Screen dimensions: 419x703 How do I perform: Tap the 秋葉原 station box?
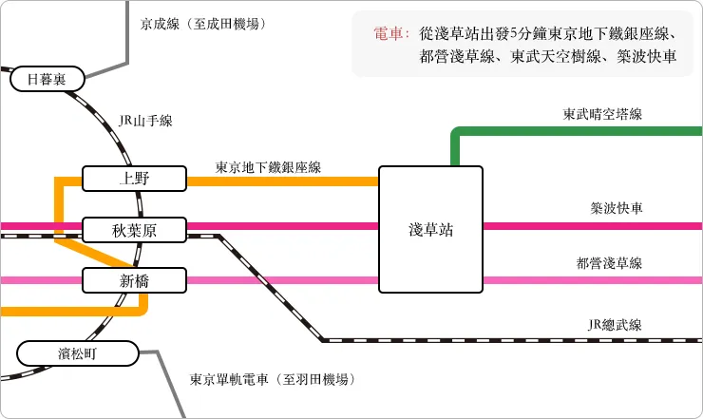pos(132,229)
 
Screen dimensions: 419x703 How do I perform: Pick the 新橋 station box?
pos(132,280)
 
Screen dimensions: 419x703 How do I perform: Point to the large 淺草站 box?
pos(430,229)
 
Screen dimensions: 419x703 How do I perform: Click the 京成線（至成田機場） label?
pos(202,23)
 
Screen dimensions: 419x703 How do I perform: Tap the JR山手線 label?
pos(145,121)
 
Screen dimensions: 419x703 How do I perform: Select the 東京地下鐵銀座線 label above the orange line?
pos(268,167)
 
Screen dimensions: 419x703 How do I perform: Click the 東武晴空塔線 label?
pos(602,114)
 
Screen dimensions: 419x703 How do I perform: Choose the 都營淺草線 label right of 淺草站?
pos(609,263)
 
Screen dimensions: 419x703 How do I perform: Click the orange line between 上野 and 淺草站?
pos(285,181)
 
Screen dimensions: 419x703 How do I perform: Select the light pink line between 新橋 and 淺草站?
pos(285,280)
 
